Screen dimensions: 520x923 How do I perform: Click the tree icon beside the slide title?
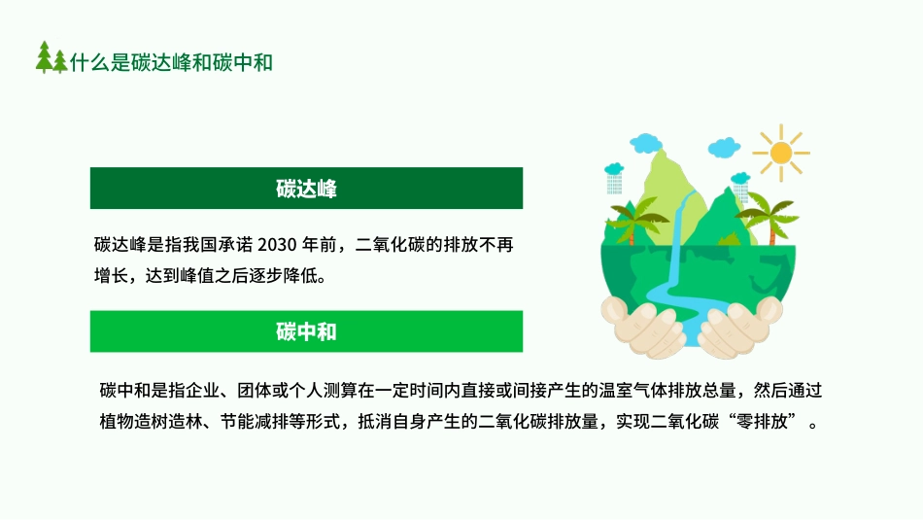pyautogui.click(x=51, y=58)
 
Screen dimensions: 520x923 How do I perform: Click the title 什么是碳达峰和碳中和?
pyautogui.click(x=171, y=61)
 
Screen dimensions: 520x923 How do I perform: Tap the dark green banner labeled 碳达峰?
pyautogui.click(x=306, y=189)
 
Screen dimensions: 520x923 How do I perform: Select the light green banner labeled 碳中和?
pyautogui.click(x=306, y=331)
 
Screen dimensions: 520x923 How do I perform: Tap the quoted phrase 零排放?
pyautogui.click(x=776, y=424)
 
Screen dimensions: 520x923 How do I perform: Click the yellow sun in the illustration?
pyautogui.click(x=779, y=153)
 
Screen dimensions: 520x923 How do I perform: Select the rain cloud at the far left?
pyautogui.click(x=614, y=175)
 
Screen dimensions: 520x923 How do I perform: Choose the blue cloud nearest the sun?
pyautogui.click(x=725, y=148)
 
